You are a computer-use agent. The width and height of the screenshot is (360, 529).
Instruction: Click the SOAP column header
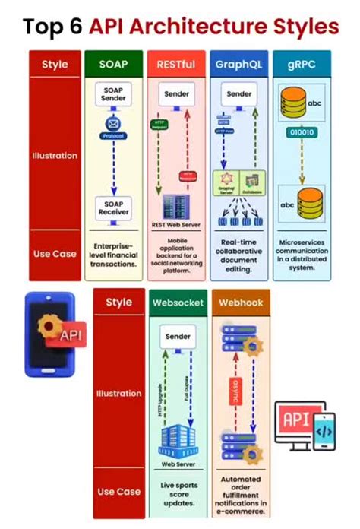click(x=113, y=64)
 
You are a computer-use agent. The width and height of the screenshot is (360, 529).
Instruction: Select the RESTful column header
click(x=175, y=64)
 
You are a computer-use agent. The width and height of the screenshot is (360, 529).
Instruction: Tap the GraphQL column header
click(x=238, y=64)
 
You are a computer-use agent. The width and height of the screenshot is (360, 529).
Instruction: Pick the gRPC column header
click(x=302, y=64)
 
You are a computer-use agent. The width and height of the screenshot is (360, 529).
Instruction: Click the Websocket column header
click(x=178, y=303)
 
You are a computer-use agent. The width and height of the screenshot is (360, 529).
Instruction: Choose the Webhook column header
click(x=241, y=303)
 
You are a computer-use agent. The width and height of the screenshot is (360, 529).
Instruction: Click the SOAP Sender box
click(x=113, y=95)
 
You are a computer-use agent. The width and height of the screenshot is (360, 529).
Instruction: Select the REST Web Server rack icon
click(x=175, y=204)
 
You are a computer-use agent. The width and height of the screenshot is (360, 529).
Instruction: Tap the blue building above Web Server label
click(x=178, y=439)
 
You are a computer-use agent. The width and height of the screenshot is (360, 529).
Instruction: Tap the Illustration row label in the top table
click(x=54, y=155)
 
